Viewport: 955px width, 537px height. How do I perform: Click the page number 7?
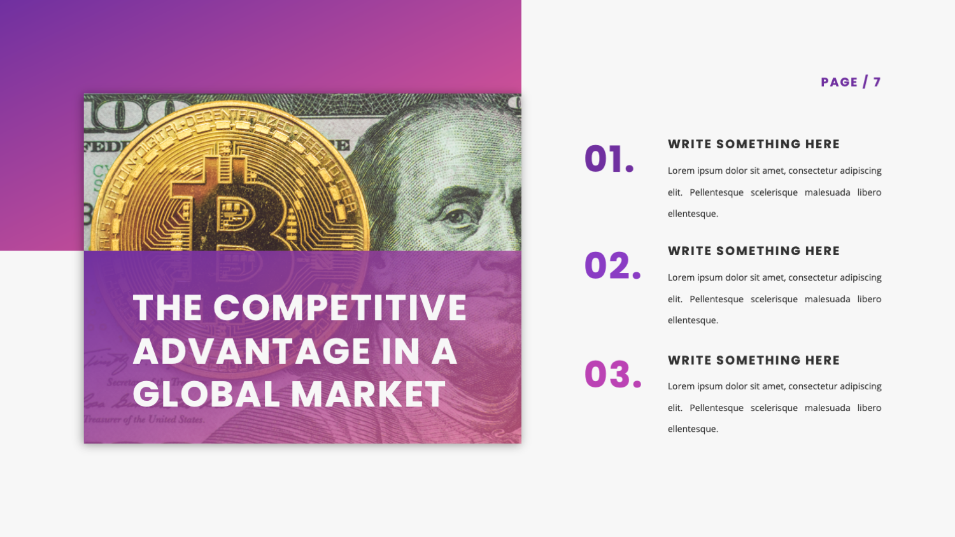[x=877, y=82]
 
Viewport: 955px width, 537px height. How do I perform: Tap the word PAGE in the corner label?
[x=839, y=82]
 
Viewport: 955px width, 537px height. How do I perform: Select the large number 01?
[x=609, y=159]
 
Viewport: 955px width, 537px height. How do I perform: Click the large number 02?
[x=612, y=266]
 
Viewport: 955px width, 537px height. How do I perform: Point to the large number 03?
[x=612, y=374]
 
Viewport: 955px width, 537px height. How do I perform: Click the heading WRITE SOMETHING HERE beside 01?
[x=754, y=144]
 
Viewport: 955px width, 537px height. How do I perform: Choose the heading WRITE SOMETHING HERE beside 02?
[x=754, y=251]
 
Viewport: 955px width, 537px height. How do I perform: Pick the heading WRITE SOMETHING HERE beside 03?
[x=754, y=360]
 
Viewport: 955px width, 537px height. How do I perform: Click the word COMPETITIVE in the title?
[x=340, y=308]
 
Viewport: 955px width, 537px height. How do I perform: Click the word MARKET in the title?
[x=369, y=394]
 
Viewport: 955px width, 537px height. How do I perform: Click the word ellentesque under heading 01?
[x=693, y=214]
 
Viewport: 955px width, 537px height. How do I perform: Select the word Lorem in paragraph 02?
[x=681, y=277]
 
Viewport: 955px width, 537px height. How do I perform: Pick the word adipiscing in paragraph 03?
[x=860, y=386]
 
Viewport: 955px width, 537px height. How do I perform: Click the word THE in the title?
[x=167, y=308]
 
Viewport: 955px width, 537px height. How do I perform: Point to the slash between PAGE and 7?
[x=865, y=82]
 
